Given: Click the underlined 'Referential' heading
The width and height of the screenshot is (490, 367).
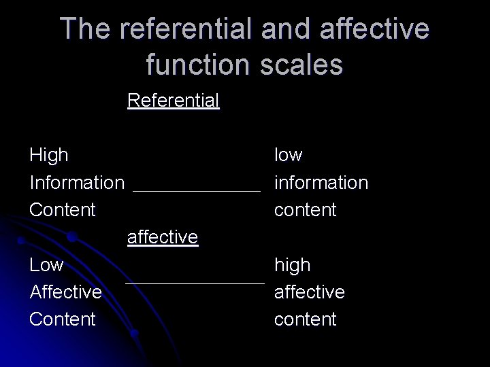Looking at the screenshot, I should [x=173, y=101].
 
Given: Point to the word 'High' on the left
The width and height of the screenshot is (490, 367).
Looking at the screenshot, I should [x=49, y=155].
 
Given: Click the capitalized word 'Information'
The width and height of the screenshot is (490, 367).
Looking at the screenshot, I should [x=77, y=182].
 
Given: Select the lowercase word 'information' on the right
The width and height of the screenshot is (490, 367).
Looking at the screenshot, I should [x=321, y=182].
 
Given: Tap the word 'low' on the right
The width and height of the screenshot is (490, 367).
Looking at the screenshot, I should [x=288, y=155].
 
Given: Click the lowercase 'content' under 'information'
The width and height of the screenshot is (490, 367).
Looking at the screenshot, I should [x=305, y=209].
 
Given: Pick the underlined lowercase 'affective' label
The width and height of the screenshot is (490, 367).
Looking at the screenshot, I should [x=163, y=237].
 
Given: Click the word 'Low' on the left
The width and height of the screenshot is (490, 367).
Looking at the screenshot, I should [x=46, y=264].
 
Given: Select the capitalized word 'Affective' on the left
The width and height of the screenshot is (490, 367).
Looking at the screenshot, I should [x=66, y=292].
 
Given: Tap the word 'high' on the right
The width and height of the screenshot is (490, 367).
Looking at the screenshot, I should [x=292, y=264].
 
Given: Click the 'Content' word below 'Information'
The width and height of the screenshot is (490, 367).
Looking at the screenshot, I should [x=63, y=209].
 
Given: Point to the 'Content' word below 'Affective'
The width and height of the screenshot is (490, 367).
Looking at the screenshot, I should [x=63, y=319].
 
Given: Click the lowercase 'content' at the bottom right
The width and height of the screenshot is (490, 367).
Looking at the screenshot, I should [x=305, y=319].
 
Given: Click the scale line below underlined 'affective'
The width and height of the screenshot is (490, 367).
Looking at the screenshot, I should [x=195, y=282].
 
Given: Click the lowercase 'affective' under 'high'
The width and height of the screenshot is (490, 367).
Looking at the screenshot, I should [x=309, y=292].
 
